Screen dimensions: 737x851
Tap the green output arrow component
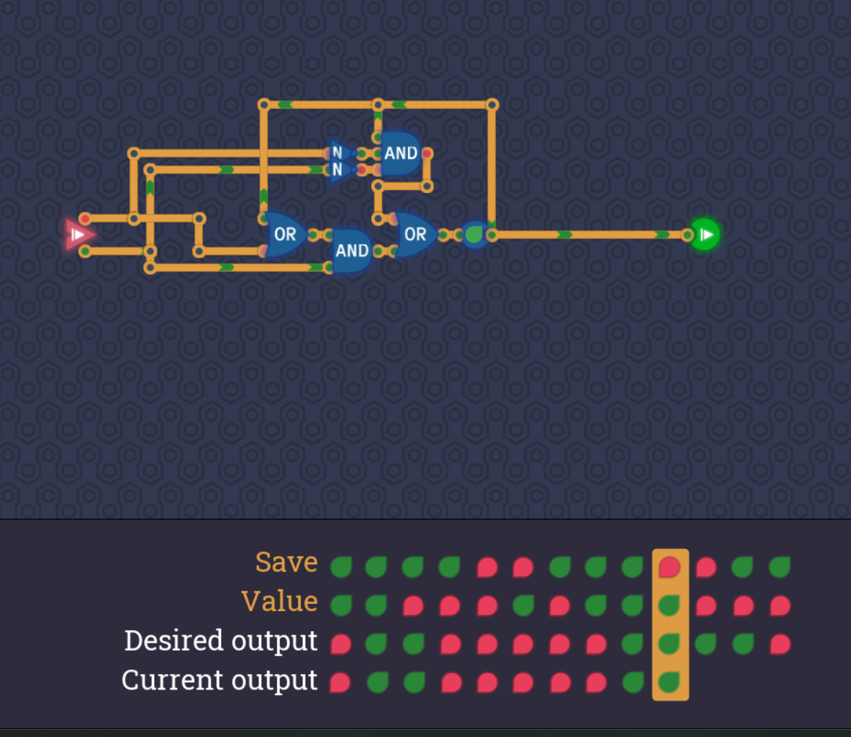tap(705, 234)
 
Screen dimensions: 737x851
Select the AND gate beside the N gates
tap(400, 154)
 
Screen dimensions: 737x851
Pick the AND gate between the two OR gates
tap(352, 251)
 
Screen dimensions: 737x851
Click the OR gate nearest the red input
tap(284, 235)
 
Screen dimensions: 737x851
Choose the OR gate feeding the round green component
tap(415, 235)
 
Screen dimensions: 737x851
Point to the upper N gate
tap(338, 152)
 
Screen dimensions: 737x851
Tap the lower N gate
tap(338, 171)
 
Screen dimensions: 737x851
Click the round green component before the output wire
tap(475, 235)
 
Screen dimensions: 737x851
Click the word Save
tap(286, 563)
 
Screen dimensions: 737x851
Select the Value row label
tap(279, 602)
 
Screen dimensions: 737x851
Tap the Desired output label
tap(220, 641)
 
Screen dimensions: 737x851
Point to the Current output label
tap(219, 681)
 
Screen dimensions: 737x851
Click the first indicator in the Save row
tap(341, 566)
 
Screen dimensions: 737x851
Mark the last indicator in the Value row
tap(780, 606)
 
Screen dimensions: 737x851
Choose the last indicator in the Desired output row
tap(780, 645)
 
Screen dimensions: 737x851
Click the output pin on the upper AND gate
tap(427, 154)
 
